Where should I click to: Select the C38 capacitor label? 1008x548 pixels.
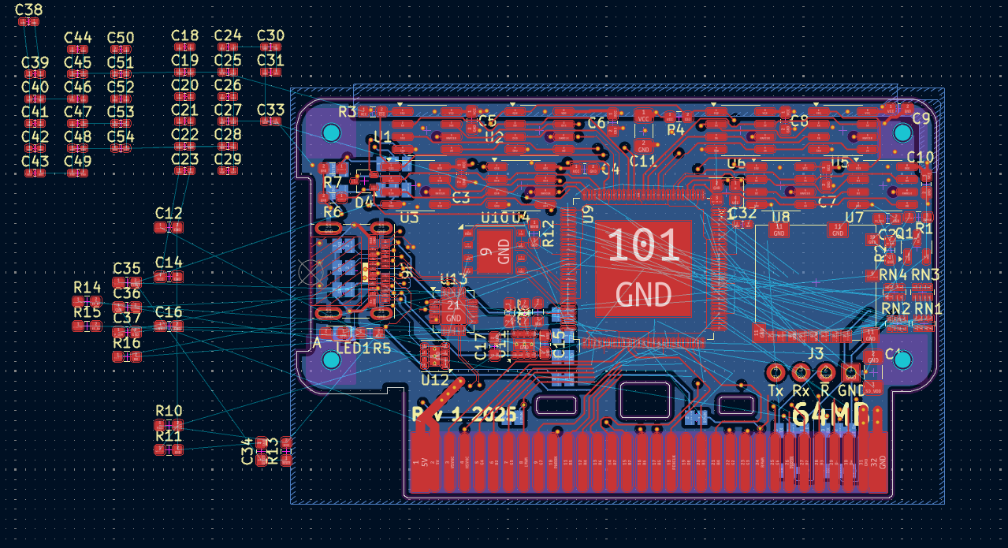[x=29, y=10]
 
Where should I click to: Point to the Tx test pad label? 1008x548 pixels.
[x=776, y=391]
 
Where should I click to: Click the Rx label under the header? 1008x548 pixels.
[x=801, y=391]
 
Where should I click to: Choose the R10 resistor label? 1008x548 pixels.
[x=169, y=411]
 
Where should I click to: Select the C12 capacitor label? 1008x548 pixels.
[x=169, y=213]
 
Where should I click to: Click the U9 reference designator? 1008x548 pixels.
[x=587, y=214]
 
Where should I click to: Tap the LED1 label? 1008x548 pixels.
[x=352, y=348]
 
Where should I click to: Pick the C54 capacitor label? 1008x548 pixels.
[x=121, y=136]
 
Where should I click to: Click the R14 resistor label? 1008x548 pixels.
[x=87, y=287]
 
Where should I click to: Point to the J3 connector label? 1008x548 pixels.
[x=816, y=352]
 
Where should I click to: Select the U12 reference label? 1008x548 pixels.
[x=435, y=379]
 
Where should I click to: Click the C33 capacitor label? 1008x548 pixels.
[x=270, y=110]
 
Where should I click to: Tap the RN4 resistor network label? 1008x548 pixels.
[x=894, y=274]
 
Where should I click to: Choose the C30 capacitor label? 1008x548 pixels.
[x=270, y=35]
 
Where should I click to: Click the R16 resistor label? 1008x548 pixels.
[x=127, y=343]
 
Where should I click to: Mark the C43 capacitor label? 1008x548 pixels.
[x=35, y=161]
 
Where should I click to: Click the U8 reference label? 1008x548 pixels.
[x=780, y=217]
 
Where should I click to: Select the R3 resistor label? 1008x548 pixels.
[x=348, y=111]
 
